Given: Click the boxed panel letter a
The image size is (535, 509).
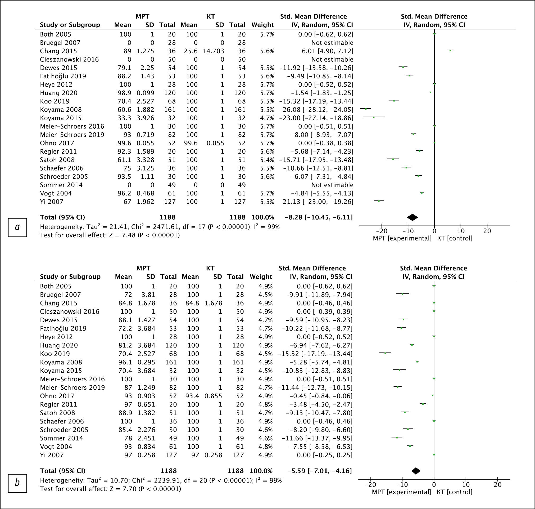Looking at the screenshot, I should pyautogui.click(x=17, y=227).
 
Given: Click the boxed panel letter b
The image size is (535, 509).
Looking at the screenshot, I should pyautogui.click(x=17, y=483).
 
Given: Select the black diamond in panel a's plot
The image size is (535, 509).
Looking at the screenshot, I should pyautogui.click(x=412, y=217).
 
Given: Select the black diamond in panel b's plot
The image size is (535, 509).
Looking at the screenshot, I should pyautogui.click(x=416, y=471).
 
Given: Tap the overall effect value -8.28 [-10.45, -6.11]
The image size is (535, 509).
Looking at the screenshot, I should pyautogui.click(x=319, y=217).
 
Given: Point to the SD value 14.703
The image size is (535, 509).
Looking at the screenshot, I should pyautogui.click(x=213, y=51).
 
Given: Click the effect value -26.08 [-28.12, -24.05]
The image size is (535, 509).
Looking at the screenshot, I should pyautogui.click(x=316, y=110).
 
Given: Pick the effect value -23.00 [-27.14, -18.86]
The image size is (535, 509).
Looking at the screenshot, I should pyautogui.click(x=316, y=118).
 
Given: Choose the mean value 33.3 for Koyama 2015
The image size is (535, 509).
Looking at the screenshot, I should pyautogui.click(x=124, y=118).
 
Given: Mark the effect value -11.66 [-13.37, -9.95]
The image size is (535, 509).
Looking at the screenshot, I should pyautogui.click(x=317, y=438).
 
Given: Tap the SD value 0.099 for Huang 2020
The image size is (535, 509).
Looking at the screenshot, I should pyautogui.click(x=145, y=93).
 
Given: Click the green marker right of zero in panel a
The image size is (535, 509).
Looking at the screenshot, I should pyautogui.click(x=450, y=51).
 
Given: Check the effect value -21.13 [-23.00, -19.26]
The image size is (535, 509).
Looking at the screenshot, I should pyautogui.click(x=316, y=202).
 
